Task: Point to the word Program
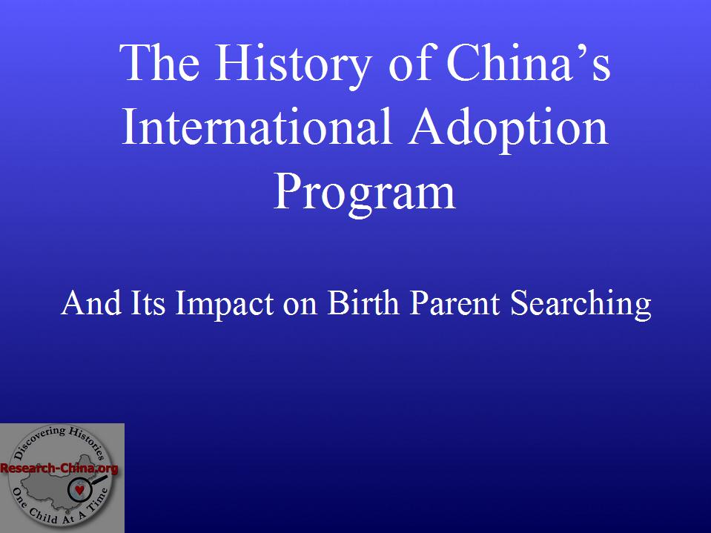click(365, 195)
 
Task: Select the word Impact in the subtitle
click(224, 304)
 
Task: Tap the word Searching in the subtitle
click(581, 304)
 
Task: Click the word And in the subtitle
click(92, 302)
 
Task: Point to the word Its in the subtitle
click(148, 302)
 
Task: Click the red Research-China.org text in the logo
click(59, 469)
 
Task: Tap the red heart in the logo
click(79, 489)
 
